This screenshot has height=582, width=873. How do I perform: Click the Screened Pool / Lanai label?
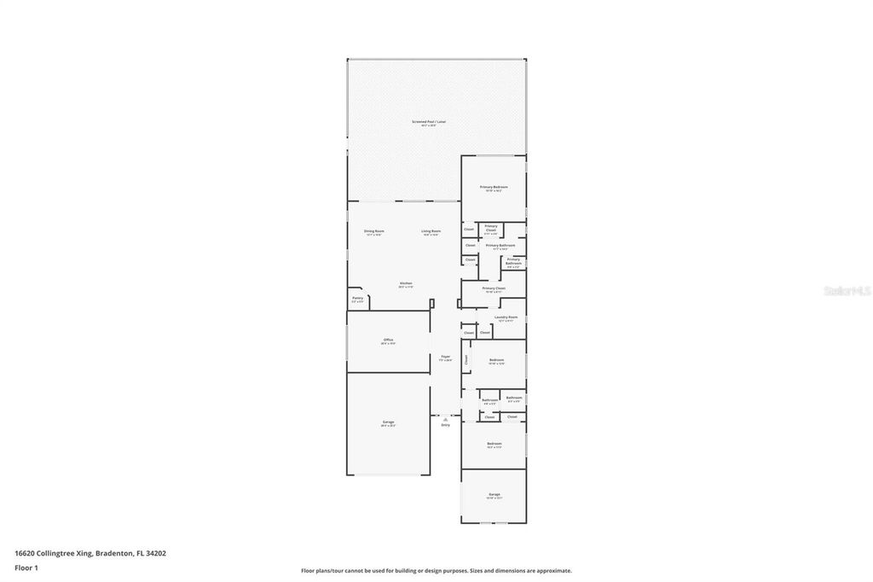point(429,122)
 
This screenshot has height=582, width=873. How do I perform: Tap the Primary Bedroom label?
point(494,187)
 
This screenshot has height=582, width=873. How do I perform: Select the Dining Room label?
point(374,231)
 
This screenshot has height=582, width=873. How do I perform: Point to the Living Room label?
point(431,231)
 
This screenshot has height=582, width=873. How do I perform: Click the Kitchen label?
point(406,283)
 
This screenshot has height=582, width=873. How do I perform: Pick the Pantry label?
point(357,298)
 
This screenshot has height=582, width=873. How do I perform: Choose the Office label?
point(388,340)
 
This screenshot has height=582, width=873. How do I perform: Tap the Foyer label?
point(445,357)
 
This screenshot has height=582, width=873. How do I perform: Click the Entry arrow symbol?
point(445,418)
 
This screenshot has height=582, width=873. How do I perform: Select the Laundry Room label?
point(506,317)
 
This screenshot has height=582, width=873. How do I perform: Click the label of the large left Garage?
point(388,422)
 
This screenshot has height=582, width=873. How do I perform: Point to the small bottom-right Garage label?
point(494,494)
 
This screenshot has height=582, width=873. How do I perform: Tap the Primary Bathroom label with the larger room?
point(500,245)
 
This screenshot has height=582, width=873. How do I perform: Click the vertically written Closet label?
point(466,359)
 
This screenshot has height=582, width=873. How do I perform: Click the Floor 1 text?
point(26,567)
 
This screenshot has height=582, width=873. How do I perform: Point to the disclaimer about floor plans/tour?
point(436,571)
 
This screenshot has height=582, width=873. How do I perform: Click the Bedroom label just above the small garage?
point(494,444)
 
